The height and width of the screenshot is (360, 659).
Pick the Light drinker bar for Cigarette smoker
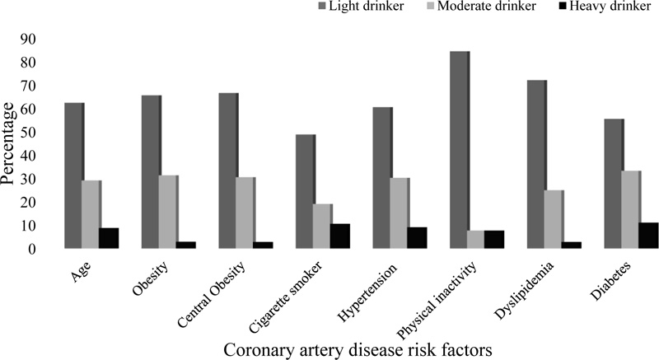coord(305,191)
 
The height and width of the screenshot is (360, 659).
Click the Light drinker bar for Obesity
coord(151,172)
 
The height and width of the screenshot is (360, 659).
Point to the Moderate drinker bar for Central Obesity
coord(245,213)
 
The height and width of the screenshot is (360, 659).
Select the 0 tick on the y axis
coord(40,249)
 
